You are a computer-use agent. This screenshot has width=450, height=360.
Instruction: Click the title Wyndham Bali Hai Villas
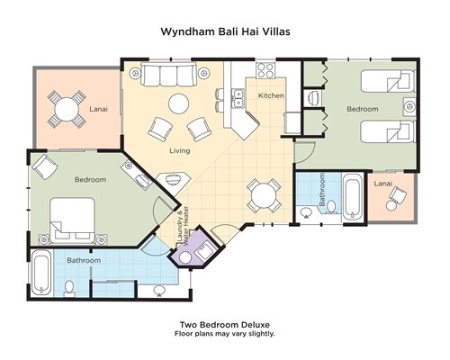pos(225,31)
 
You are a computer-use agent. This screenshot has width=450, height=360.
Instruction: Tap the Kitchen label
pos(271,95)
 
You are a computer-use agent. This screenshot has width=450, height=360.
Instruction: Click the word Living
pos(180,150)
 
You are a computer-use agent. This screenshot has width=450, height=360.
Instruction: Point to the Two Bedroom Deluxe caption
pos(225,325)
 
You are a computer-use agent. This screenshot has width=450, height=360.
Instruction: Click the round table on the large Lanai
pos(67,109)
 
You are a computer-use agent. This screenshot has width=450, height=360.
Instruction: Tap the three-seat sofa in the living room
pos(168,75)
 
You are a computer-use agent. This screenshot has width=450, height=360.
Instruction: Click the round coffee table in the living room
pos(179,103)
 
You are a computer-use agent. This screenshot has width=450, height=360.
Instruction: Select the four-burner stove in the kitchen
pos(265,70)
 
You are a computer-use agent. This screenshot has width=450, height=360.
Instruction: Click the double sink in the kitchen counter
pos(238,98)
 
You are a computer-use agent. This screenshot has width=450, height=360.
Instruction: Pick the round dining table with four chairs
pos(264,196)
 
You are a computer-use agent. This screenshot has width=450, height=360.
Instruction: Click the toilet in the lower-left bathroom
pos(69,288)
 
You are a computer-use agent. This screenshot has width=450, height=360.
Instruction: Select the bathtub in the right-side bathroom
pos(352,197)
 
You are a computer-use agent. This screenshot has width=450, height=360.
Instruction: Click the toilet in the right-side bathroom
pos(331,207)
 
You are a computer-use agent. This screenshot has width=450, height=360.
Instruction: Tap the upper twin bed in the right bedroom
pos(388,81)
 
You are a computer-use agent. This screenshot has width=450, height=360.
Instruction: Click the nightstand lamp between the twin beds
pos(409,106)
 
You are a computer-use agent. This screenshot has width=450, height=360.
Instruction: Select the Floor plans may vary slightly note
pos(225,334)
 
